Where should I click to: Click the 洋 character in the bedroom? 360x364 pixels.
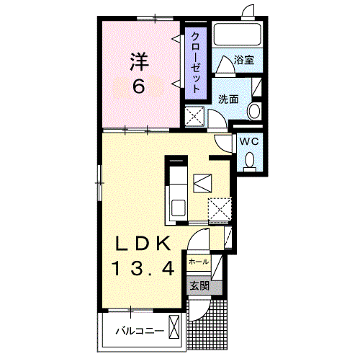click(139, 62)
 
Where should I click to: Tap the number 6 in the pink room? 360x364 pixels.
click(139, 86)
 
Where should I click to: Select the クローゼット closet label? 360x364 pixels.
click(196, 63)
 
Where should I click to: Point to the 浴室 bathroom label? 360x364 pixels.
click(244, 60)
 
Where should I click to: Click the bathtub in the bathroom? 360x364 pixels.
click(237, 34)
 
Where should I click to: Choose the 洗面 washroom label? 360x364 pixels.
click(228, 99)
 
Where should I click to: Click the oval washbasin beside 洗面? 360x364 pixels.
click(254, 112)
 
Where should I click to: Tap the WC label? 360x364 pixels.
click(249, 141)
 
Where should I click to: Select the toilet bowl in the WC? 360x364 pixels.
click(250, 159)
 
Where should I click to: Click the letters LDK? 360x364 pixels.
click(143, 244)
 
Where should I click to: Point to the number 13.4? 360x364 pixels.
click(143, 268)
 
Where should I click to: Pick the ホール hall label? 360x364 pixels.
click(199, 262)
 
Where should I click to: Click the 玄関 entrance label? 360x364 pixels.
click(199, 286)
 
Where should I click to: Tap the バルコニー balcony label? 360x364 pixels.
click(140, 331)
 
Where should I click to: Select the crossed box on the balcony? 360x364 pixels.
click(174, 327)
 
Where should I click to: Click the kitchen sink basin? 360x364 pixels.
click(179, 208)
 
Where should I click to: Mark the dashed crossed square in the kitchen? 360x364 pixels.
click(220, 208)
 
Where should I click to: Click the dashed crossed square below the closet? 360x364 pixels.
click(194, 117)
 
